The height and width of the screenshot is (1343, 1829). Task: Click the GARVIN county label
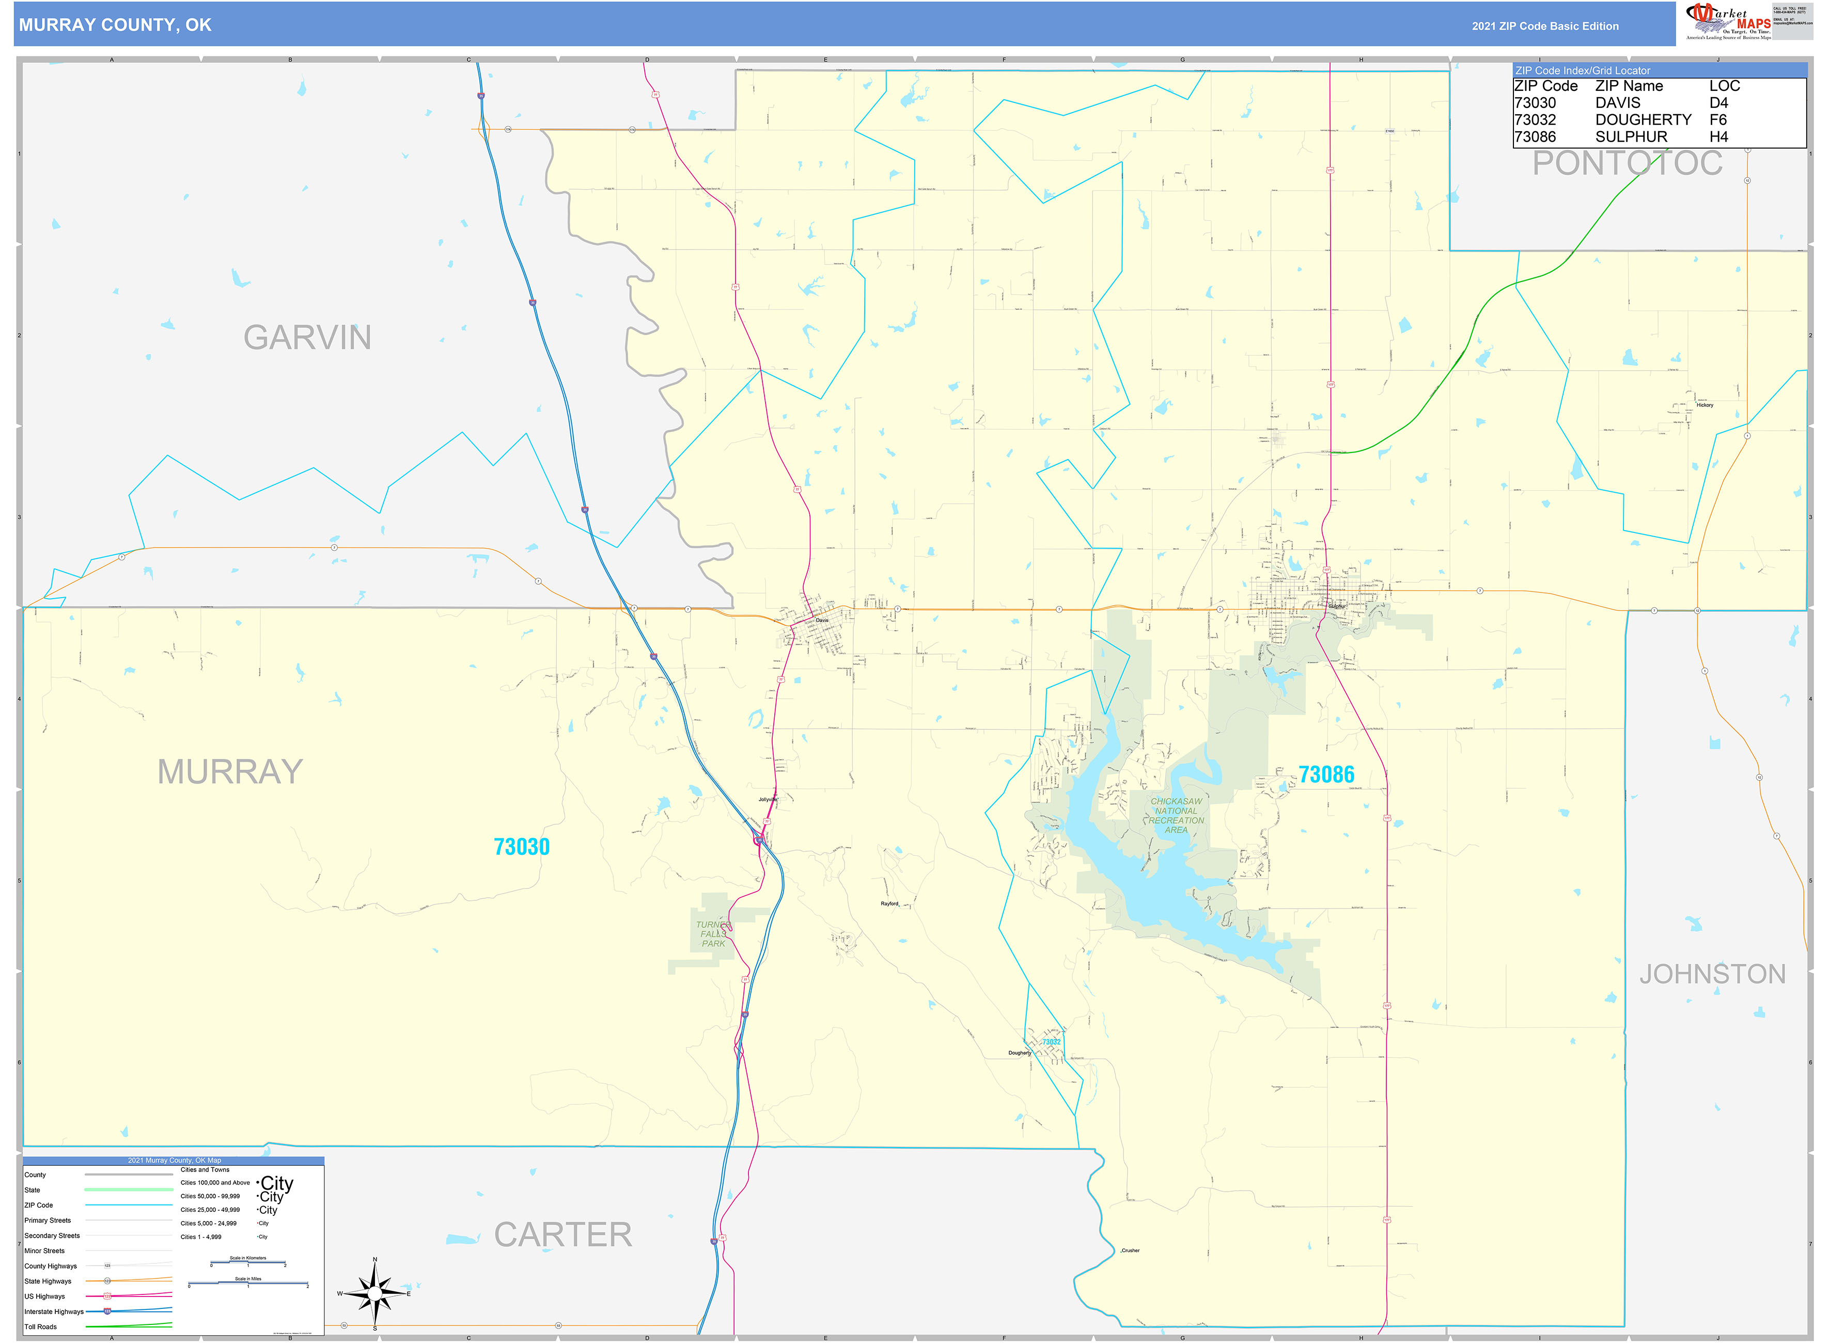click(307, 337)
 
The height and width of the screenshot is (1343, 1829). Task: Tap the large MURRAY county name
click(230, 772)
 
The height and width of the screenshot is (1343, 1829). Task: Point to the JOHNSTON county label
click(1712, 974)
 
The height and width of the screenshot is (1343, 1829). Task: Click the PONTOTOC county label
click(1628, 163)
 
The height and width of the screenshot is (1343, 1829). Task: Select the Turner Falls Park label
click(712, 934)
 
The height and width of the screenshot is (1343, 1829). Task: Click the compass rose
click(375, 1292)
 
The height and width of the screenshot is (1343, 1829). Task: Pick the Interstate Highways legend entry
click(54, 1311)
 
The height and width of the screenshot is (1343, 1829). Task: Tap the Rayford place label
click(889, 904)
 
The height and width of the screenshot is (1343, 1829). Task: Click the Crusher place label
click(1131, 1251)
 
